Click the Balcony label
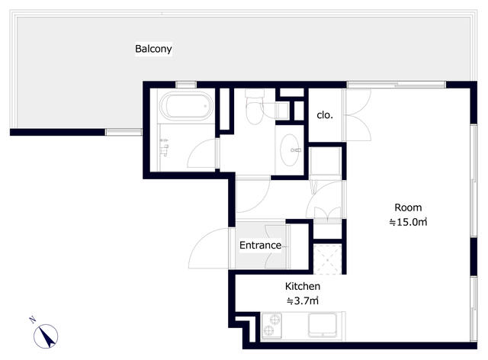point(153,49)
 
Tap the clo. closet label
point(325,115)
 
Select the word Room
point(408,207)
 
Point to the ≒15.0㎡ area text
point(408,222)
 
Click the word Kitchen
point(303,286)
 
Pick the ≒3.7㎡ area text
point(303,301)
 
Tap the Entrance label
point(260,245)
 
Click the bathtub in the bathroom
point(186,106)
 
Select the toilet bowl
point(255,108)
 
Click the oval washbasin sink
point(290,150)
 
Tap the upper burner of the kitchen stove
point(274,320)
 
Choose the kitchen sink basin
point(323,325)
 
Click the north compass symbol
point(46,336)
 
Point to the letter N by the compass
point(32,320)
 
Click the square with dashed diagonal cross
point(327,259)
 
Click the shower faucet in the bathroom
point(164,147)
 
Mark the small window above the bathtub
point(186,85)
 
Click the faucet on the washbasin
point(295,150)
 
